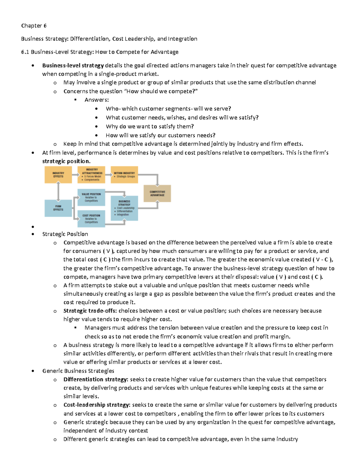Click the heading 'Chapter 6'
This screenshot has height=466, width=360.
tap(34, 26)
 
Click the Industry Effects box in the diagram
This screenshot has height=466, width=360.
tap(58, 175)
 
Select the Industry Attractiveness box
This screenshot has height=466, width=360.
tap(91, 175)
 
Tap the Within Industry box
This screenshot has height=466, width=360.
tap(124, 175)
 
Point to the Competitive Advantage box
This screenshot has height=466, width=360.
tap(157, 193)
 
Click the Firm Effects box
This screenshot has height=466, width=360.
tap(58, 208)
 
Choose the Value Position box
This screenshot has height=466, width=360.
tap(91, 197)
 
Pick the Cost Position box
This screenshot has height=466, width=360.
tap(91, 219)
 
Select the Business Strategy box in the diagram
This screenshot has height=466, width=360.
tap(124, 208)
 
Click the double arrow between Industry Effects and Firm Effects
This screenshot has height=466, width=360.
tap(58, 191)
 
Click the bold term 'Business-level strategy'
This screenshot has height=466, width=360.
tap(73, 65)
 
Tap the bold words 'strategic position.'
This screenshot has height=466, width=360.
tap(66, 161)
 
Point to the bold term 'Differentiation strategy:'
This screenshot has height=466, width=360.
tap(96, 379)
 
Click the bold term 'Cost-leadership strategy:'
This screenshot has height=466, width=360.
tap(97, 405)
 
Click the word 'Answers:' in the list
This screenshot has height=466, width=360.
tap(97, 100)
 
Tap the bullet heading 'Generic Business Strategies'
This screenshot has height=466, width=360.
tap(78, 371)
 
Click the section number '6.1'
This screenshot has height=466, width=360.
tap(25, 52)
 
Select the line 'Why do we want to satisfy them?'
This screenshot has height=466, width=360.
tap(150, 127)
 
